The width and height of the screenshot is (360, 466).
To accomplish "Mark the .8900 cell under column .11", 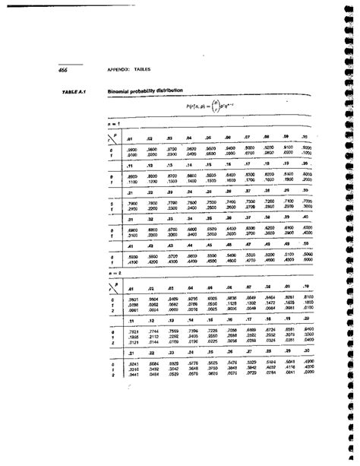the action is pos(130,175).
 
